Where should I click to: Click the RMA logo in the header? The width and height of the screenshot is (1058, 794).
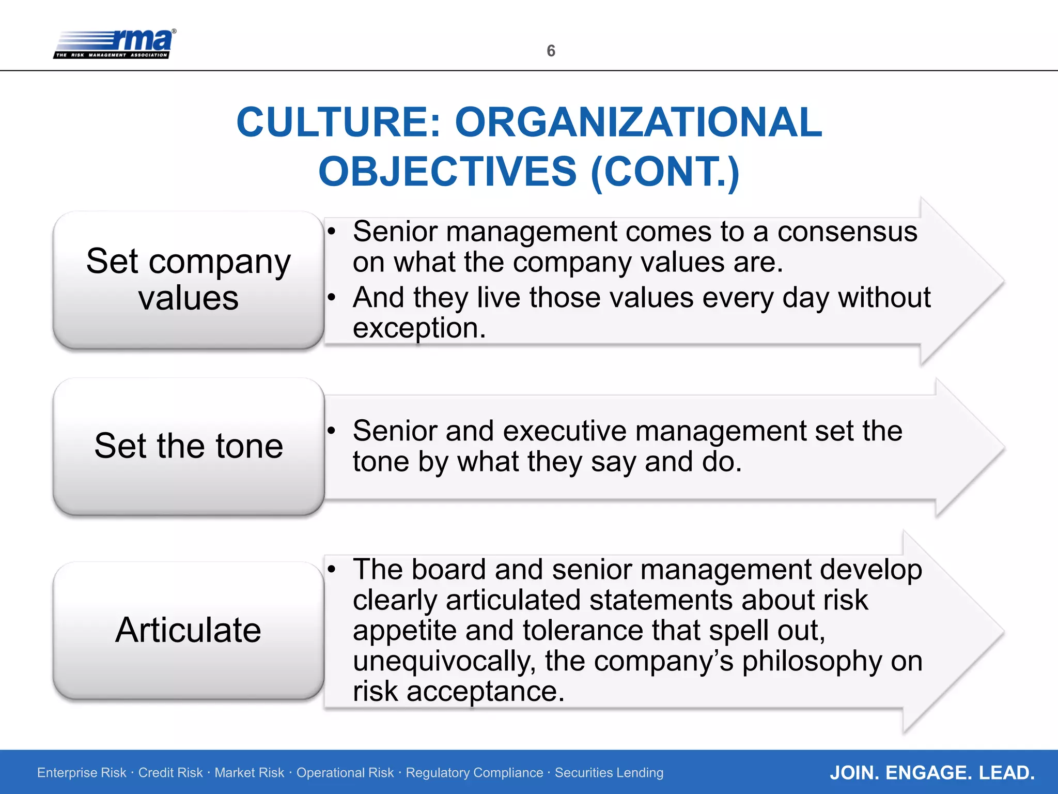[x=115, y=44]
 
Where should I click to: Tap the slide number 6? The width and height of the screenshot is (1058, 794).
[x=551, y=51]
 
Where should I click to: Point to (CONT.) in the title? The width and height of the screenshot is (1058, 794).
[x=665, y=172]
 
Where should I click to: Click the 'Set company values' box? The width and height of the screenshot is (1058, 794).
[x=189, y=280]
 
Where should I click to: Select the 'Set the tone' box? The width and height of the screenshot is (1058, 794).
[x=189, y=446]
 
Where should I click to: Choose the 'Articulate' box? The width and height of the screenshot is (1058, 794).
[x=189, y=630]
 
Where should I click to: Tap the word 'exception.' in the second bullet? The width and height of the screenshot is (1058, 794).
[x=419, y=328]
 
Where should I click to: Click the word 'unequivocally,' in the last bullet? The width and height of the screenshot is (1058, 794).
[x=444, y=661]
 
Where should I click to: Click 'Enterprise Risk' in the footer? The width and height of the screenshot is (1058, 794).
[x=82, y=773]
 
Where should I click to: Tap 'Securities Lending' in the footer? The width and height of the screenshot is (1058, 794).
[x=609, y=773]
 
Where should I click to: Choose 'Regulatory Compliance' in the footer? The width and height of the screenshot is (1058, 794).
[x=474, y=773]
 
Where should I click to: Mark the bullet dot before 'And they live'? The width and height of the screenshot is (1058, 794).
[x=332, y=297]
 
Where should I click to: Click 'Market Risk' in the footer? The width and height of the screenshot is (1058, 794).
[x=249, y=773]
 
